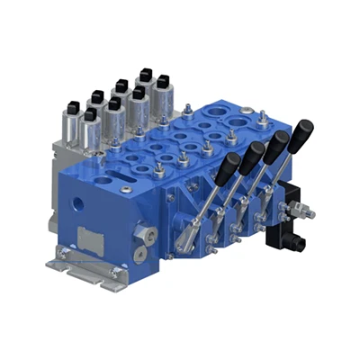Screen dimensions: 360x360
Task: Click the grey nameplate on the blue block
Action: pyautogui.click(x=91, y=238)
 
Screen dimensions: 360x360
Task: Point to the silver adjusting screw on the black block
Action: pyautogui.click(x=306, y=213)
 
